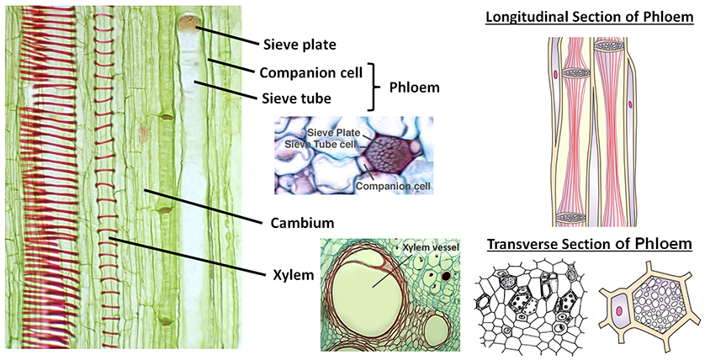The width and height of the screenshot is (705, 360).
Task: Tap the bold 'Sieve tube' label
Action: [293, 98]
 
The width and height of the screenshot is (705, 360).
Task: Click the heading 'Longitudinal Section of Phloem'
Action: [588, 17]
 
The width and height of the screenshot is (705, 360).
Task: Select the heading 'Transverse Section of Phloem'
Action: [589, 244]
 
